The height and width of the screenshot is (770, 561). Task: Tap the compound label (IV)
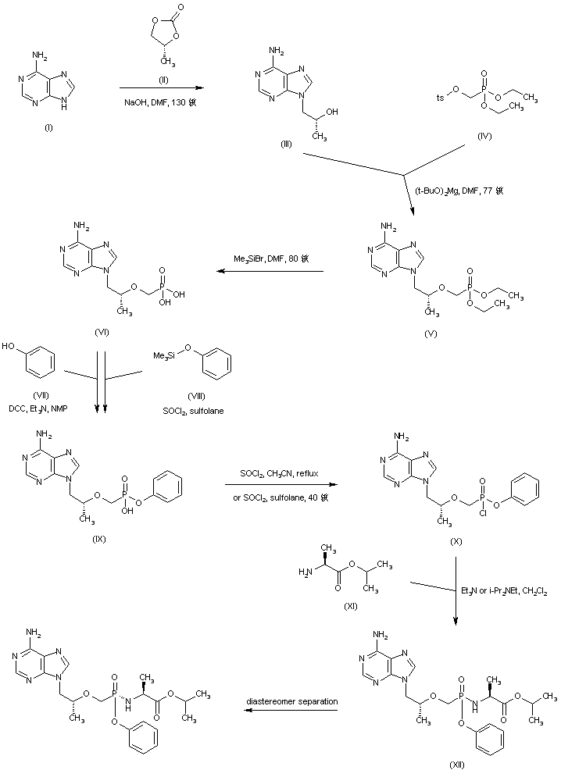[484, 136]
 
